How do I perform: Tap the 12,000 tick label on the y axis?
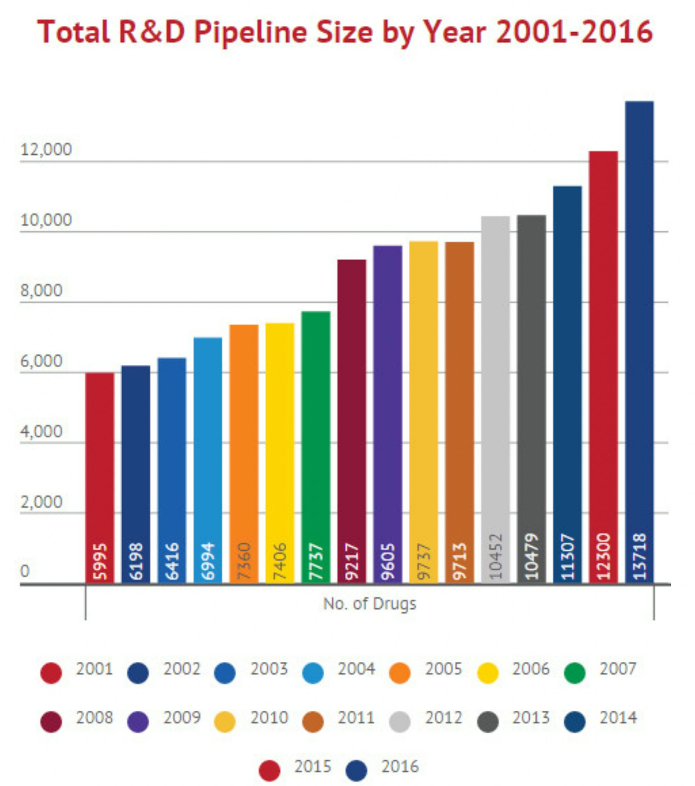46,150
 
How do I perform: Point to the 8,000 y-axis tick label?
41,291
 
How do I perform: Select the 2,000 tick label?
41,502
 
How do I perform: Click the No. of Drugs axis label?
369,603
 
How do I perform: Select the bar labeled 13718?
639,342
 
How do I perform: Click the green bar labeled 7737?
316,446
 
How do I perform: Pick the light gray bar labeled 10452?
495,400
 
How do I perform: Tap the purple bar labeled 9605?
387,415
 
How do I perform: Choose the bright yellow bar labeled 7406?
280,454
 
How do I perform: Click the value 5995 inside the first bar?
100,561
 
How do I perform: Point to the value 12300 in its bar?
603,556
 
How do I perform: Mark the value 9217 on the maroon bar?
352,561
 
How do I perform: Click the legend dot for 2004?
313,672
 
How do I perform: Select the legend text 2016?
400,767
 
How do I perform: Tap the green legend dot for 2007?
574,672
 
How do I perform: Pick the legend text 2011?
356,718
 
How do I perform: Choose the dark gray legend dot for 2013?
488,722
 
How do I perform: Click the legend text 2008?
94,718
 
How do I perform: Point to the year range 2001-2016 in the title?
574,32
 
